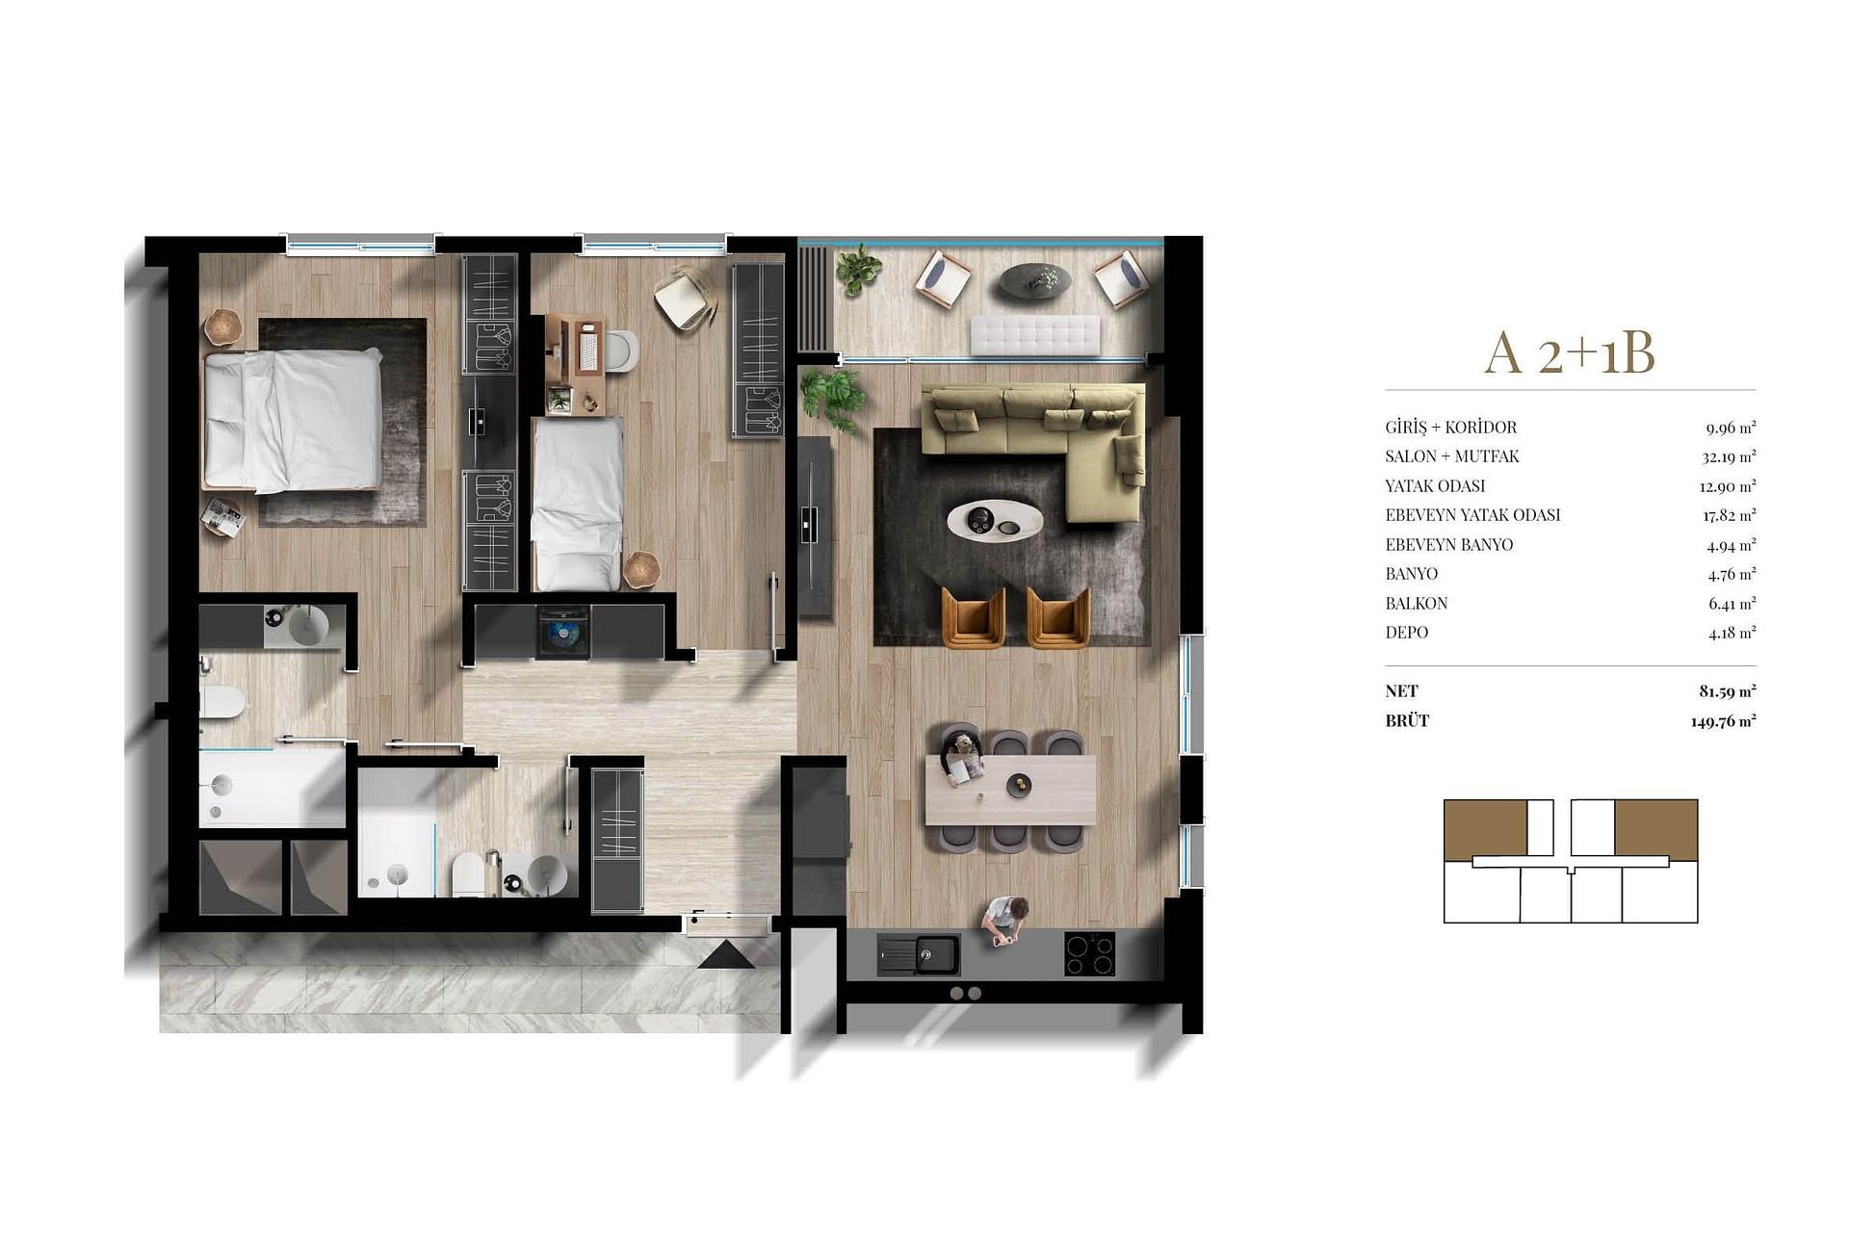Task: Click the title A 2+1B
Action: (x=1570, y=352)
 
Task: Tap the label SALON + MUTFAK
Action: (x=1452, y=456)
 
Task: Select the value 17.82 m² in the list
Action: (x=1730, y=515)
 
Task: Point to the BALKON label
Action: (x=1417, y=604)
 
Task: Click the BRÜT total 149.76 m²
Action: (x=1724, y=721)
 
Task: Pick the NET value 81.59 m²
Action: (x=1728, y=691)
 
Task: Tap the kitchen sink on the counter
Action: (x=919, y=954)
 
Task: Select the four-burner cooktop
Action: (x=1089, y=954)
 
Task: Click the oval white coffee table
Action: (x=996, y=521)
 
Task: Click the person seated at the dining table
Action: (x=962, y=757)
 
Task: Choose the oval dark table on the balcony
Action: (x=1034, y=279)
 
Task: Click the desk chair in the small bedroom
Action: (x=685, y=298)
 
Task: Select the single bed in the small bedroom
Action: (x=577, y=504)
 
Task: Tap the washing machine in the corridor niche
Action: (x=563, y=632)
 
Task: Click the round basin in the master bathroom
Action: (x=309, y=627)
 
